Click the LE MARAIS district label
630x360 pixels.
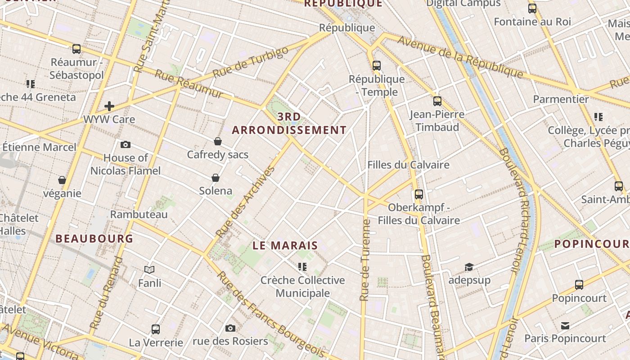coord(285,246)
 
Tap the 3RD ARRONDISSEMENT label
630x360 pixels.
coord(289,124)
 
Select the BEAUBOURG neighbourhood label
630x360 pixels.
coord(94,238)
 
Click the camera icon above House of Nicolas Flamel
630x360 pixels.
coord(126,144)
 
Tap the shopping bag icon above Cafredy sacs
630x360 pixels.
coord(218,141)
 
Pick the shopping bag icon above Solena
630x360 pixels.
coord(216,177)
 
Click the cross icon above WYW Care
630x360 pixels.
coord(109,106)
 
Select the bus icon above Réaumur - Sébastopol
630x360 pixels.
coord(76,49)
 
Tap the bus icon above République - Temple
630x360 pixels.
coord(377,66)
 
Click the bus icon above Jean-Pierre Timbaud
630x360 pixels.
coord(437,101)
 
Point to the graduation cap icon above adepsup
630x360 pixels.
coord(469,267)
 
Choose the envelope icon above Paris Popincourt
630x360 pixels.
coord(565,325)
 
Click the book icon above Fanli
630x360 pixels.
coord(149,270)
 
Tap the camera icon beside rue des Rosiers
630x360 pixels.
coord(230,328)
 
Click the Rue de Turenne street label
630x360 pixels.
coord(365,260)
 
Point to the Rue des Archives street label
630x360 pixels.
coord(245,202)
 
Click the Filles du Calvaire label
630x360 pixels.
coord(408,165)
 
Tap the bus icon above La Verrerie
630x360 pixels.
coord(156,329)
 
